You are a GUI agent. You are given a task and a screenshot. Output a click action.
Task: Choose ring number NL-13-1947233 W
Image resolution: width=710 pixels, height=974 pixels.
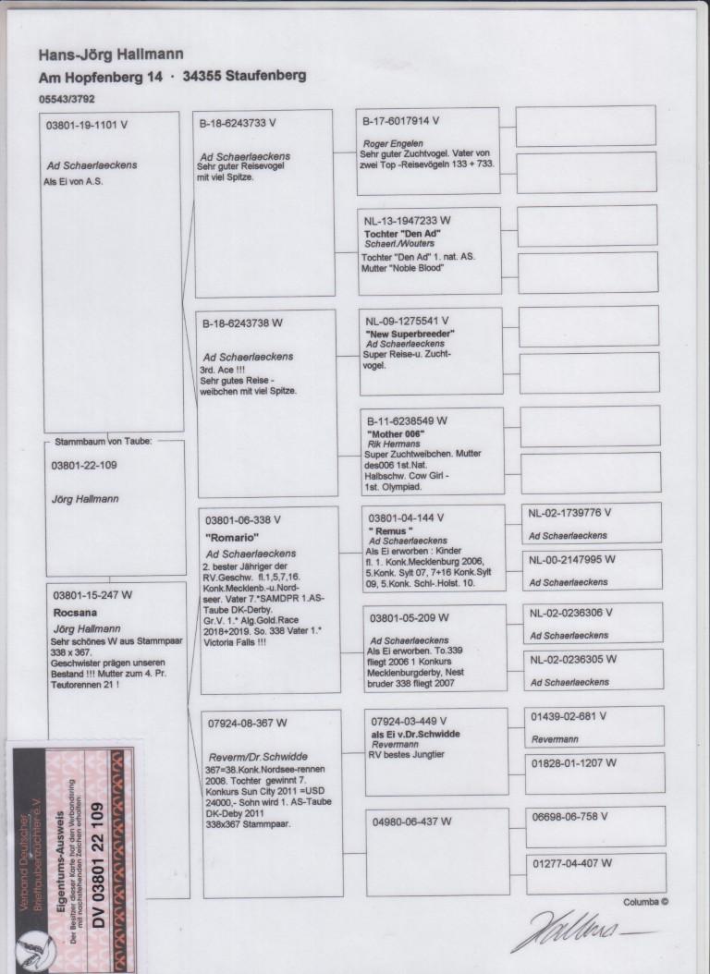408,221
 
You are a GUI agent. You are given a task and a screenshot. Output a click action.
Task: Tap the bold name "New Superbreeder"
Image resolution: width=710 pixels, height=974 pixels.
412,333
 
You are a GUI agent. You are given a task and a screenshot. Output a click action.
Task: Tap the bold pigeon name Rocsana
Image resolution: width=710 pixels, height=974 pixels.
74,611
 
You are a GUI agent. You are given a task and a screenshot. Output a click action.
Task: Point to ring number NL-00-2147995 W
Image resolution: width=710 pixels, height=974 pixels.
569,560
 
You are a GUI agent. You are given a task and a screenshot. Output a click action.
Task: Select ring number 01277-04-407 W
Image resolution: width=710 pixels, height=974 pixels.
570,864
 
